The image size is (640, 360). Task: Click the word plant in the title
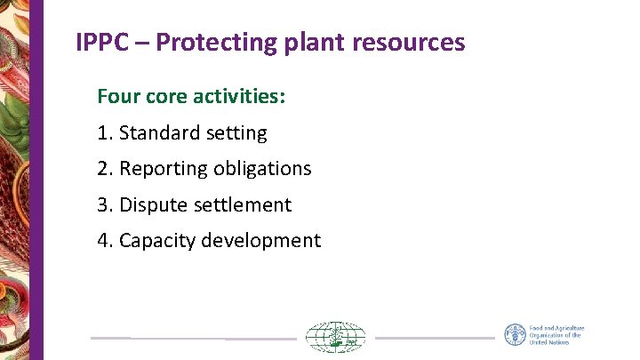(x=311, y=43)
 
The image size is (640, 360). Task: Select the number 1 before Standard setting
(x=104, y=133)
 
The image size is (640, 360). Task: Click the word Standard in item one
(x=160, y=133)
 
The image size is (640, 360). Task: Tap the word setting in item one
(x=236, y=134)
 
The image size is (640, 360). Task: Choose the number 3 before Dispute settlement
(x=104, y=204)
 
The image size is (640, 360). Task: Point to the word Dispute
(x=151, y=205)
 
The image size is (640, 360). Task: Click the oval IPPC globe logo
(x=335, y=338)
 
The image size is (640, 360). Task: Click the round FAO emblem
(x=515, y=335)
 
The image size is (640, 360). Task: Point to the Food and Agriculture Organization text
(x=556, y=335)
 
